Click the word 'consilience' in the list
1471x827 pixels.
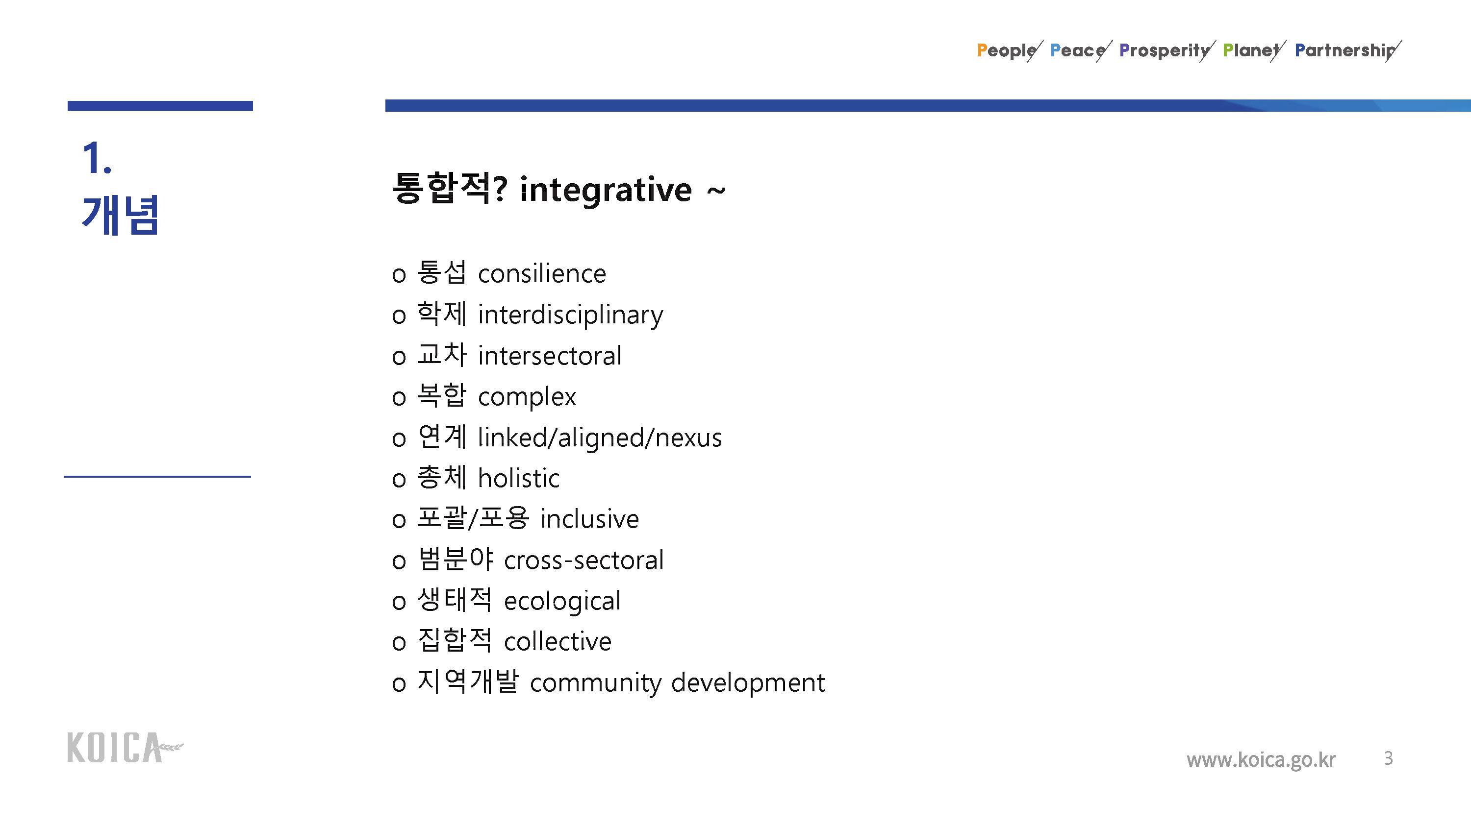(542, 274)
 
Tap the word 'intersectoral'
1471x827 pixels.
(549, 356)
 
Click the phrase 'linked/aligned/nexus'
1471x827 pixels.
(600, 438)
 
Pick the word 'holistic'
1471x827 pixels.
(518, 478)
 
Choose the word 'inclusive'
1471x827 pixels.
(589, 519)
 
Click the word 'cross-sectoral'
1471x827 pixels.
(583, 560)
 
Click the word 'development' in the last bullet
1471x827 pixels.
(748, 683)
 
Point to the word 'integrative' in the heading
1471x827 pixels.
(606, 190)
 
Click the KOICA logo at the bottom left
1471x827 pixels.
(125, 747)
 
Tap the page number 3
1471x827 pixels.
(1388, 758)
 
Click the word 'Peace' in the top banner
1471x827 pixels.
(1078, 50)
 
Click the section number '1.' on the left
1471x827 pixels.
(97, 158)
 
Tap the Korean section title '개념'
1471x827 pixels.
(120, 215)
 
